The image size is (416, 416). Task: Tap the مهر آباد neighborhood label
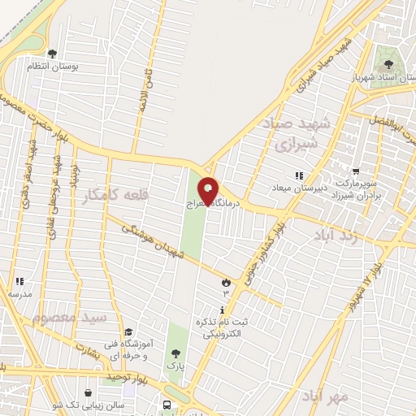[323, 396]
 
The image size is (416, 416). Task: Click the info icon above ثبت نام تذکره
[223, 310]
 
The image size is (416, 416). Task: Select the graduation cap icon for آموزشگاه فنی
[128, 332]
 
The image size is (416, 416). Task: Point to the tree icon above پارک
[175, 353]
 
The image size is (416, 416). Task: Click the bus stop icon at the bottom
[167, 405]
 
